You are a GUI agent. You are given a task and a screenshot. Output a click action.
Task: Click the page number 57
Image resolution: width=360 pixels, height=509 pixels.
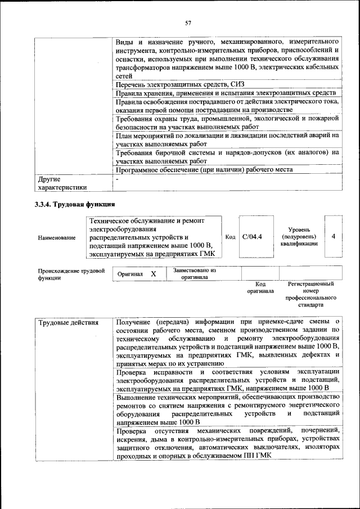(x=188, y=23)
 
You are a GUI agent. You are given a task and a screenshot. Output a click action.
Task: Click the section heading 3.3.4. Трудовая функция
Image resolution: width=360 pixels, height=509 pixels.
(x=75, y=204)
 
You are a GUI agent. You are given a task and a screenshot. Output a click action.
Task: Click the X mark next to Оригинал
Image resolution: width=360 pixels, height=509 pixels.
(x=153, y=274)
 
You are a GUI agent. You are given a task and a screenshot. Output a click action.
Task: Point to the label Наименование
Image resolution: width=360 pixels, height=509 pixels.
(x=57, y=238)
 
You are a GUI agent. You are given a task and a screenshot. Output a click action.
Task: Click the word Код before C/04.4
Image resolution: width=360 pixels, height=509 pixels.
(x=230, y=237)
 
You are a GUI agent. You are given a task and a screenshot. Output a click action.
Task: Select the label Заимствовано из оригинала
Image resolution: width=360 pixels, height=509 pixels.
(x=194, y=273)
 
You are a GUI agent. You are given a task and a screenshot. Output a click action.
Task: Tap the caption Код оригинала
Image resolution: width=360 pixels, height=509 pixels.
(x=260, y=288)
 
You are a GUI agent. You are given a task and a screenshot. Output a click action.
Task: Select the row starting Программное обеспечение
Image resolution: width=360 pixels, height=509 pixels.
(x=204, y=169)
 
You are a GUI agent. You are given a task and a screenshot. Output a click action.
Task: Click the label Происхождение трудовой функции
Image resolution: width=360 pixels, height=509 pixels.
(x=71, y=274)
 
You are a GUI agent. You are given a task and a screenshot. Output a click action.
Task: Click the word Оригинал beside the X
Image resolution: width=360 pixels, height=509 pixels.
(x=130, y=274)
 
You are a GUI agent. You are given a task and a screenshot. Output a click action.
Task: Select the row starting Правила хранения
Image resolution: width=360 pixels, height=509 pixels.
(x=225, y=93)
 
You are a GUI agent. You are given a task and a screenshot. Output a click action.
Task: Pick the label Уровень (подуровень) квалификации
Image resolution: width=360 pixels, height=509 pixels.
(x=299, y=237)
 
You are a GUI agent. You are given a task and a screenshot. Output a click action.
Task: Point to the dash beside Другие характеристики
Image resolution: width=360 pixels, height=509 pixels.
(x=117, y=179)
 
